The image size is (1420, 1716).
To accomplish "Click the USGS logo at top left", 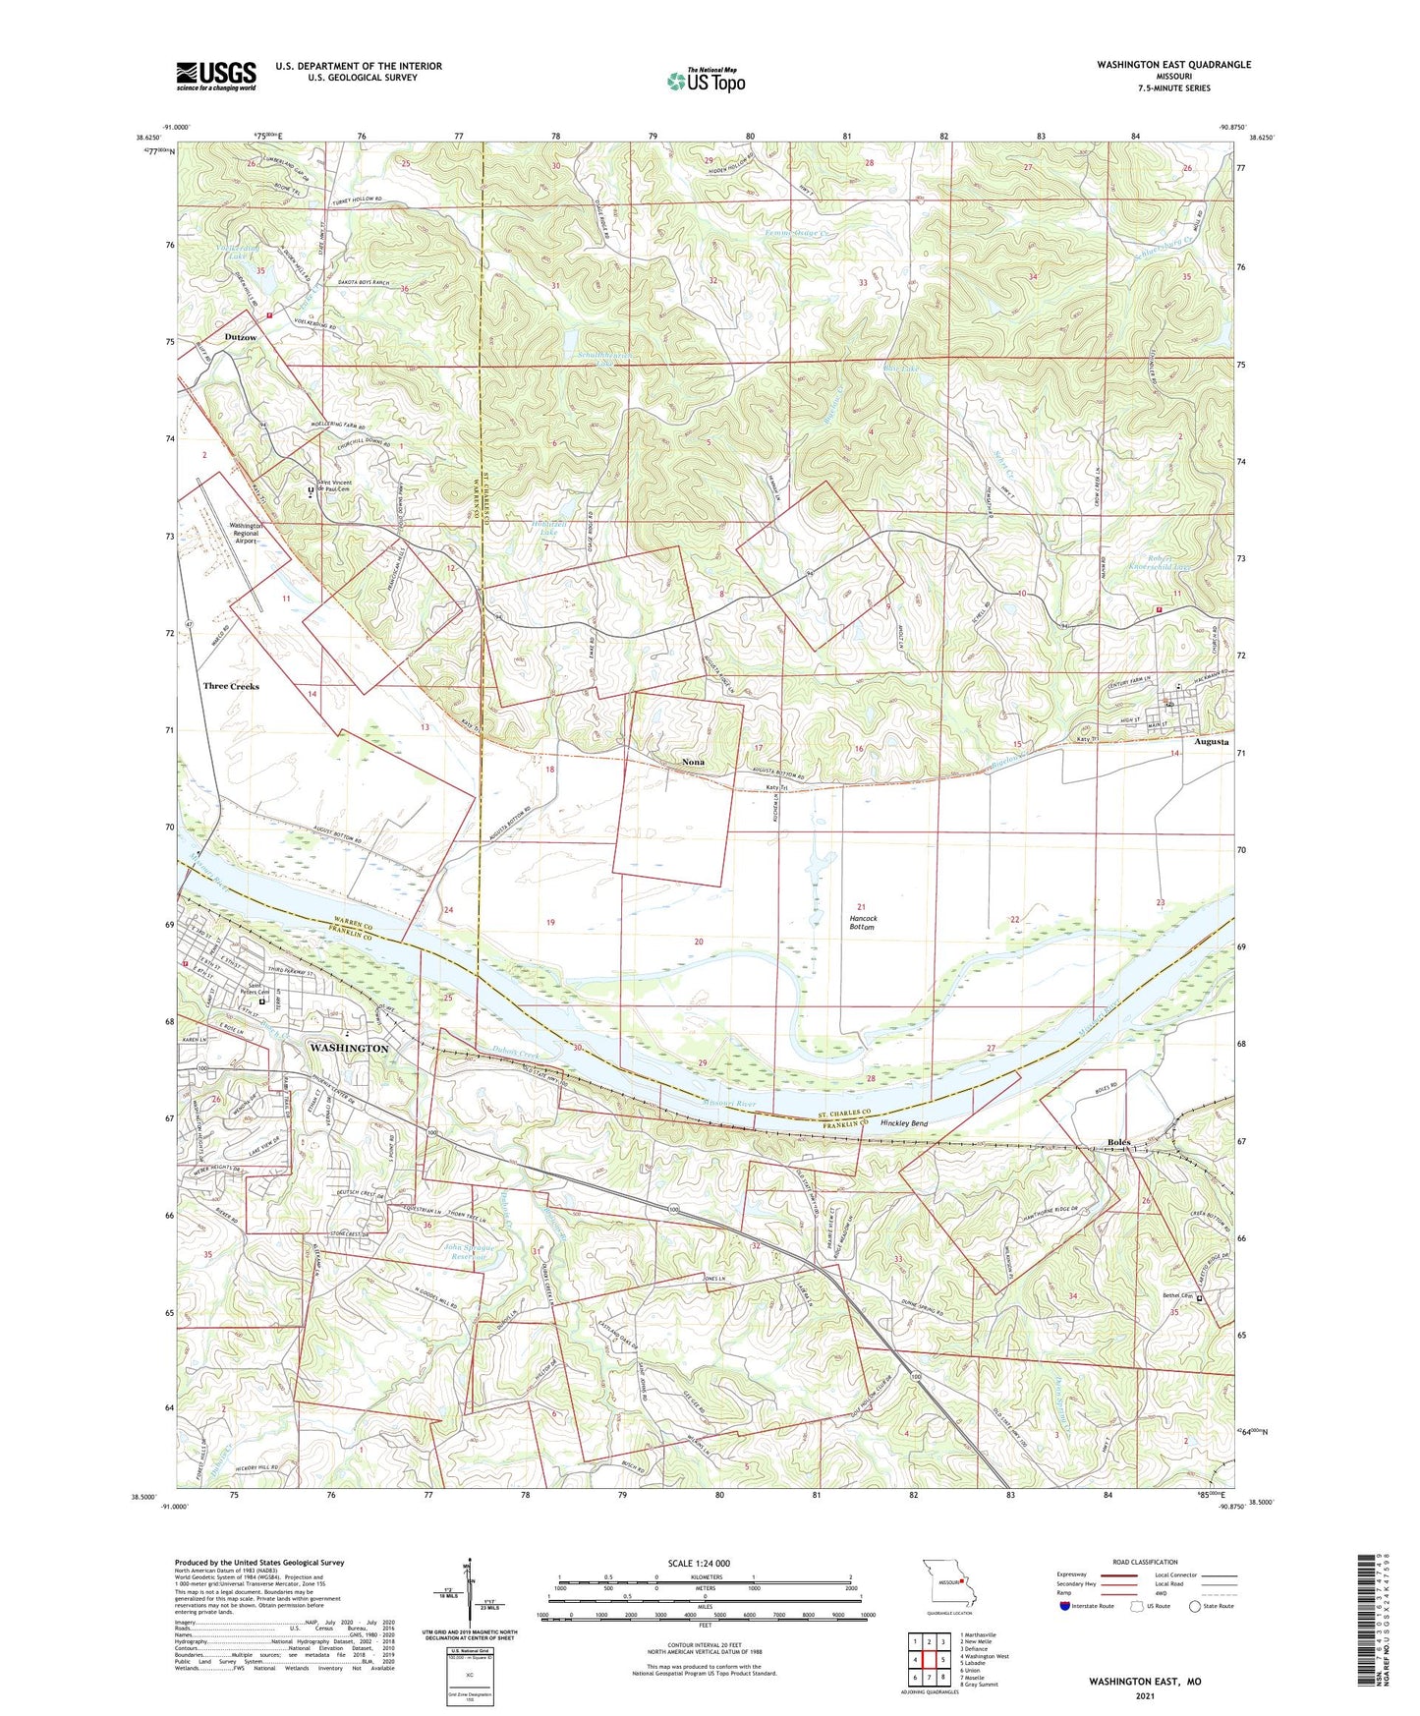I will [x=216, y=76].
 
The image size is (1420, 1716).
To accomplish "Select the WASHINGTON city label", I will [x=349, y=1049].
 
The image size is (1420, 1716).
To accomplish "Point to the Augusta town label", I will [x=1211, y=742].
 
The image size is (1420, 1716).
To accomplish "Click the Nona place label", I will [x=694, y=762].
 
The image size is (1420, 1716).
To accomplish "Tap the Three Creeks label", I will [x=231, y=686].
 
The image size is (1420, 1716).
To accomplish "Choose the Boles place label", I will [x=1113, y=1142].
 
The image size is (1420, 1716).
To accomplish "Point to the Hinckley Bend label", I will [x=904, y=1122].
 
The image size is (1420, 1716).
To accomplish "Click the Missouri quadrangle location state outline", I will [x=946, y=1581].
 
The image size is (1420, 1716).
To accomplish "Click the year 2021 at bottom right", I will [x=1144, y=1696].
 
